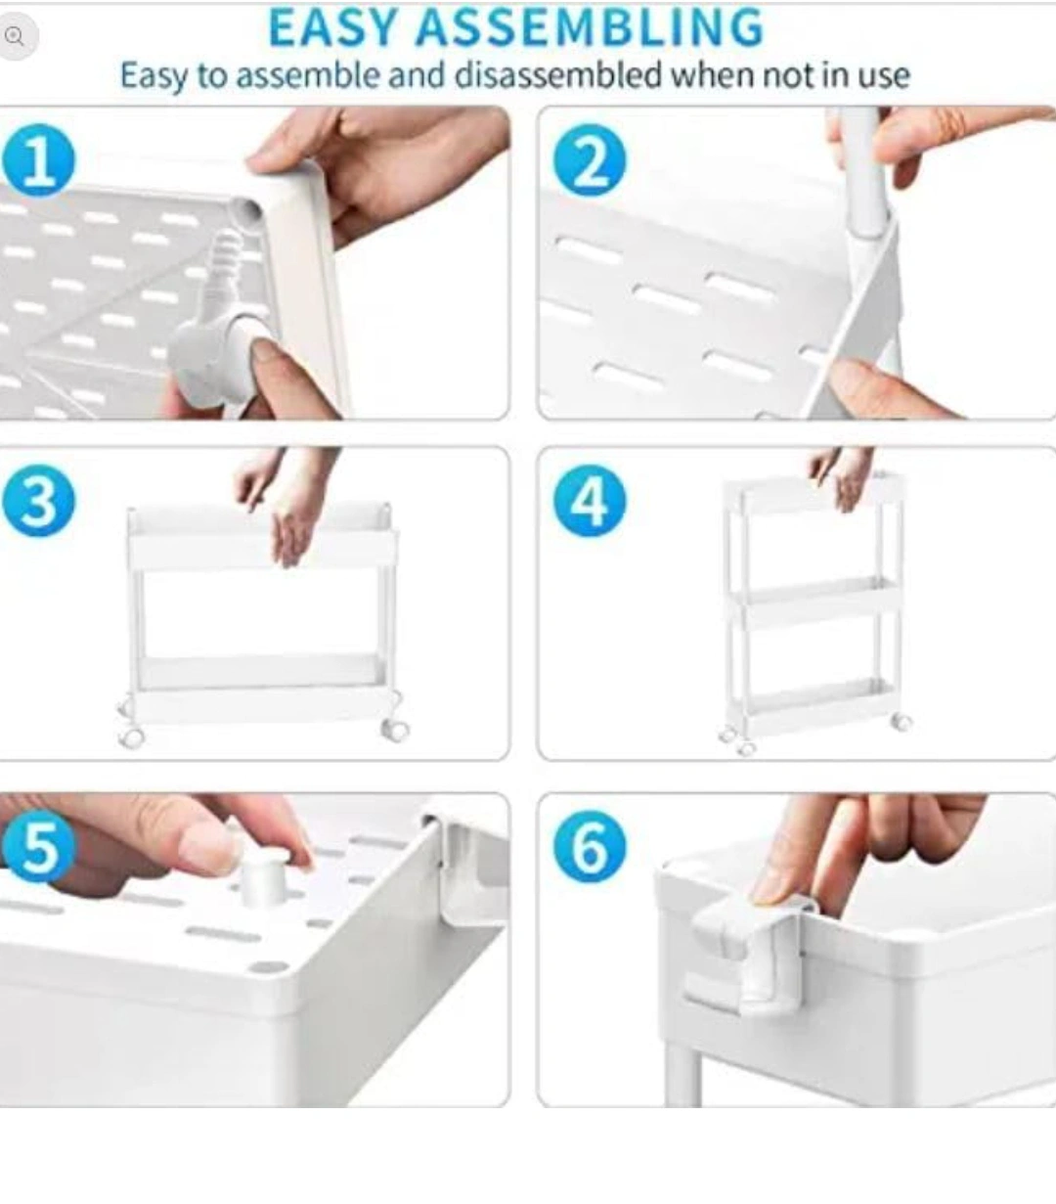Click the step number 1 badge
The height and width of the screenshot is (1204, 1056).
point(39,159)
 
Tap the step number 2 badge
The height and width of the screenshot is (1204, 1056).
point(590,159)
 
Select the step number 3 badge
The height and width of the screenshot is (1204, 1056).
point(39,501)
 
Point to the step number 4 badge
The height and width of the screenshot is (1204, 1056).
point(590,501)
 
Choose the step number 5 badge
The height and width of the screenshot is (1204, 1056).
point(39,846)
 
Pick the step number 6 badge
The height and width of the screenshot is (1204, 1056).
point(590,846)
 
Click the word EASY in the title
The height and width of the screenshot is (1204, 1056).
point(332,27)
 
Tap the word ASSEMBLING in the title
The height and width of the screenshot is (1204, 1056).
point(589,27)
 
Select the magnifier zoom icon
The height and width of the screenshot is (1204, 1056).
point(15,37)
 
